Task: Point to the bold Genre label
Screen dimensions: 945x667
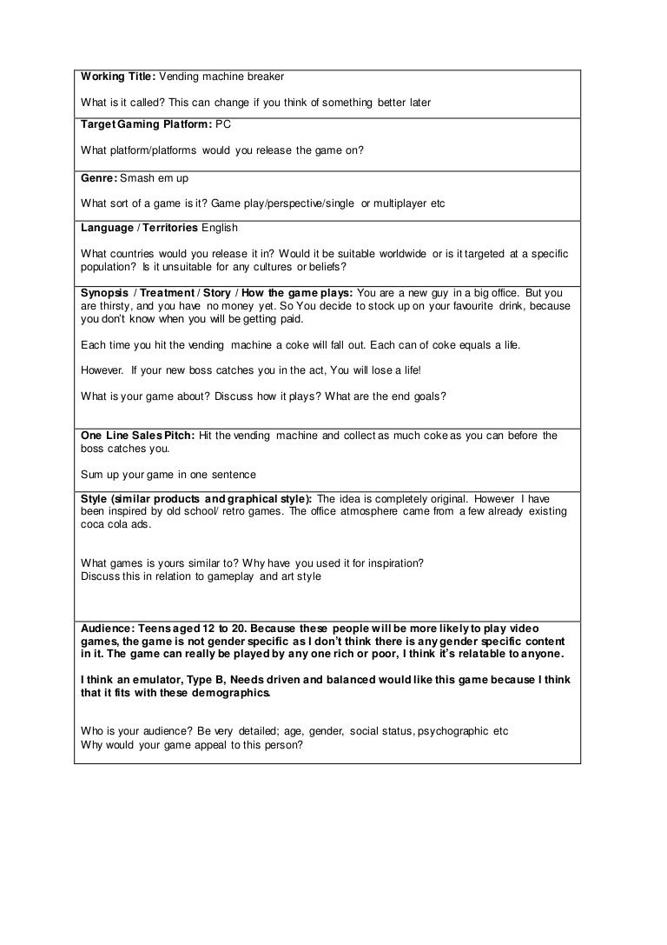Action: click(99, 177)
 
